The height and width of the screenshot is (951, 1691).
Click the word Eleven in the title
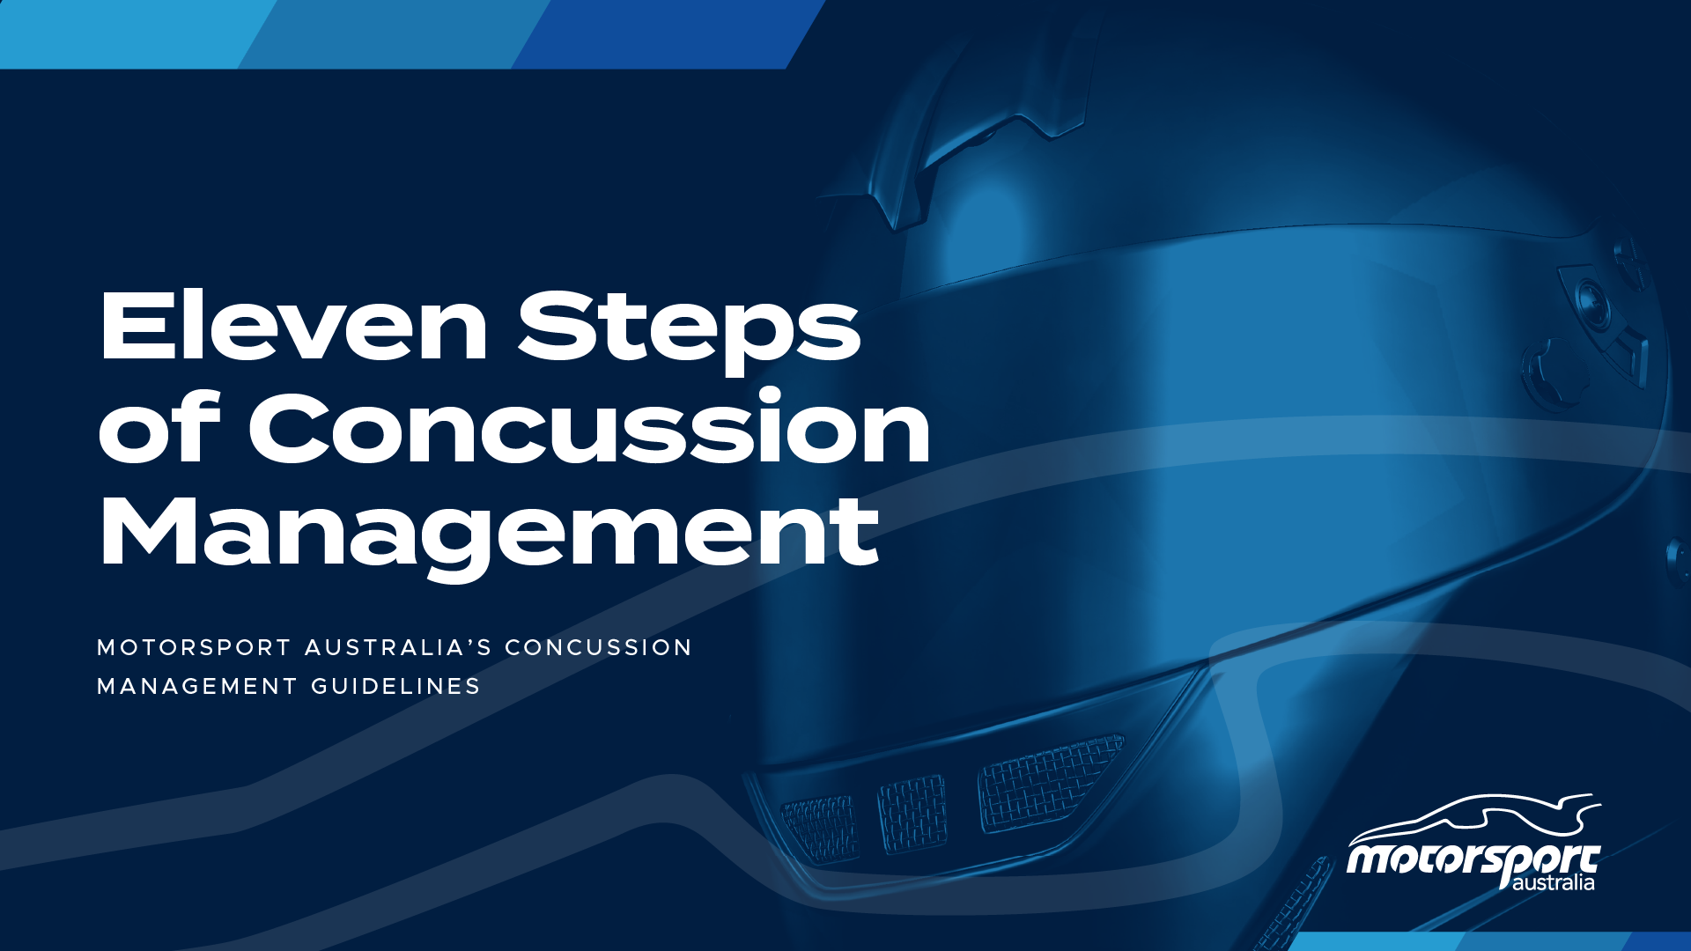click(293, 325)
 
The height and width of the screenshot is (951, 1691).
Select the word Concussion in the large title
click(589, 427)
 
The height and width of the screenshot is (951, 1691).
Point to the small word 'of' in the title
click(159, 427)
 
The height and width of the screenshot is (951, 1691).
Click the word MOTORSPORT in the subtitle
click(194, 648)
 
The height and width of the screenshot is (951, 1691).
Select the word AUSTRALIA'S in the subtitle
click(398, 648)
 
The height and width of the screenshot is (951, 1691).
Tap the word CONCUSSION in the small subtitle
click(599, 648)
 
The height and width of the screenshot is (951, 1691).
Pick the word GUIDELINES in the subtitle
click(395, 687)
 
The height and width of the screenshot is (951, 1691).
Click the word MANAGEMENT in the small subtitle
click(197, 687)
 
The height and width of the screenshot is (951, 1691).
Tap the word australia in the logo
click(1553, 882)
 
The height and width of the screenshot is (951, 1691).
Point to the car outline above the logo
click(1473, 817)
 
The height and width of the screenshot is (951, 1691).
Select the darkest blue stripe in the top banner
click(669, 33)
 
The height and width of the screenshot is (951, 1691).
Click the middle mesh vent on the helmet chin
click(912, 814)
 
